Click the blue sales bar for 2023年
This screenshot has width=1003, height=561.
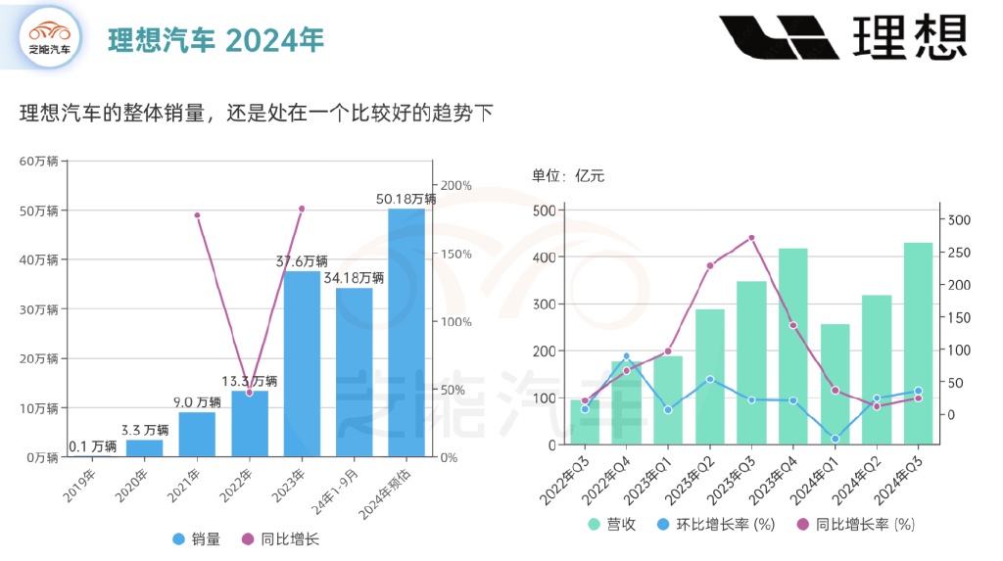coord(302,364)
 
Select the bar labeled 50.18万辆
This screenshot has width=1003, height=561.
coord(406,333)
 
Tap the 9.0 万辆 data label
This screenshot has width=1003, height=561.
coord(196,401)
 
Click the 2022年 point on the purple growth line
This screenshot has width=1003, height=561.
coord(249,393)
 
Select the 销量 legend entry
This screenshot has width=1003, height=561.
coord(196,538)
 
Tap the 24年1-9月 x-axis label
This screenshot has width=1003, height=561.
coord(356,482)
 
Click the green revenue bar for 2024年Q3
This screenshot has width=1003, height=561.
coord(918,343)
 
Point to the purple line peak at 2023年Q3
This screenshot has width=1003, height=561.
coord(751,238)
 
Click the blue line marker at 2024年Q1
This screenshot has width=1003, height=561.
coord(835,439)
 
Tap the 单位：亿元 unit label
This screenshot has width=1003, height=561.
coord(568,176)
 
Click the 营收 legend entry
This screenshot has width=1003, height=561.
coord(612,525)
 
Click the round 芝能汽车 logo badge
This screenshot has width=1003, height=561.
coord(49,37)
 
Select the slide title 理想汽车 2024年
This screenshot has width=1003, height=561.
coord(215,39)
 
